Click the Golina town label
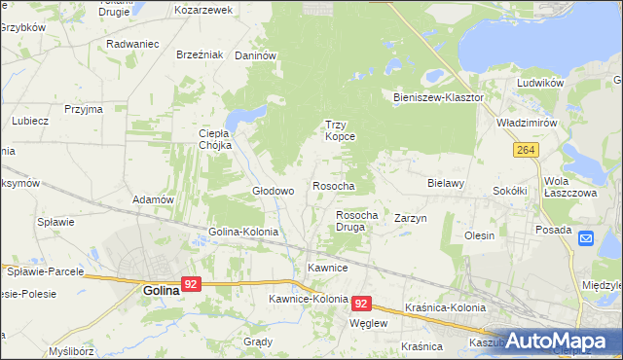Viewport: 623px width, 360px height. (161, 290)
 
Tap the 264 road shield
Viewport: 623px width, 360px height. (527, 149)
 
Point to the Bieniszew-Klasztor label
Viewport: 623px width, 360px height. (438, 98)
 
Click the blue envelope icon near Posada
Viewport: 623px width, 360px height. (585, 237)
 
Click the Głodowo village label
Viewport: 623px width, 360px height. (274, 192)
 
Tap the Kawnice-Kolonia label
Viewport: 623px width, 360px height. (309, 299)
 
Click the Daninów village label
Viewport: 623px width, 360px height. (257, 56)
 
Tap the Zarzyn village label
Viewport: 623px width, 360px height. (411, 219)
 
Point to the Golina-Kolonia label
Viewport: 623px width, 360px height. (243, 233)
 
